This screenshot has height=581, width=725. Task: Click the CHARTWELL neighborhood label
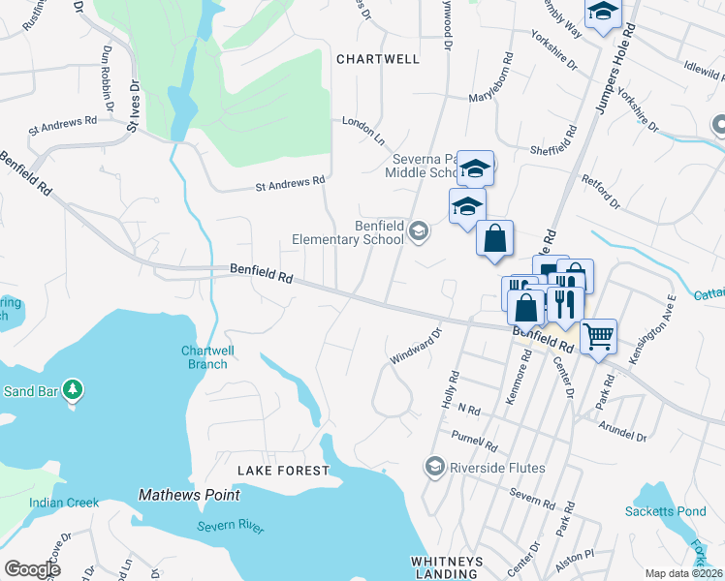[x=378, y=59]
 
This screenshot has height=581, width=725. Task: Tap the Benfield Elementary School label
[x=350, y=232]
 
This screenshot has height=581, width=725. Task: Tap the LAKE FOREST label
[x=284, y=471]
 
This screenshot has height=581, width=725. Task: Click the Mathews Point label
[x=188, y=495]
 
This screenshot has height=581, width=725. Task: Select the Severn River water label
[x=231, y=526]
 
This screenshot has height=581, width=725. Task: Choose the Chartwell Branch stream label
[x=205, y=357]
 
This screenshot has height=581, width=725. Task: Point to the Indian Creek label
[x=64, y=503]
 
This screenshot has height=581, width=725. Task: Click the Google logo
[x=32, y=568]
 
